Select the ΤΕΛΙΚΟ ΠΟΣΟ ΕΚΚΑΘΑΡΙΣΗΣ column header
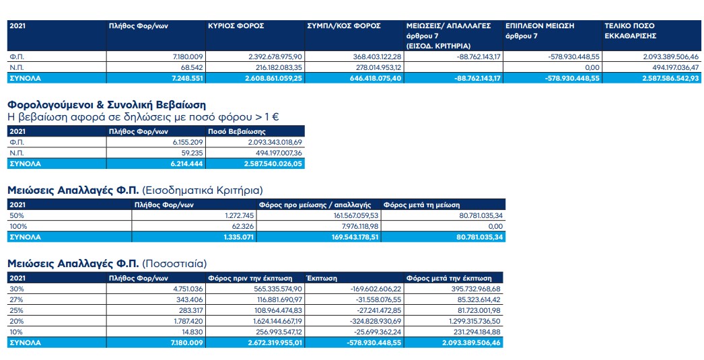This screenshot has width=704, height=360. pyautogui.click(x=630, y=30)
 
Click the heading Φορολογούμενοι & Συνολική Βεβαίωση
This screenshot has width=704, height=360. pyautogui.click(x=106, y=105)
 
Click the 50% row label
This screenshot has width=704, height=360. pyautogui.click(x=15, y=215)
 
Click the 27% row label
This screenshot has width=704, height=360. pyautogui.click(x=15, y=299)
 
